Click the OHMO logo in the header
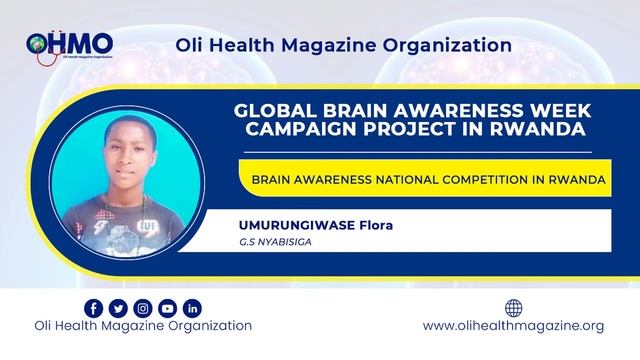click(x=70, y=45)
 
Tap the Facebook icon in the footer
click(x=94, y=308)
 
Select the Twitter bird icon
click(x=118, y=308)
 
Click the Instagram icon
click(x=143, y=308)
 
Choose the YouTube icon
click(x=167, y=308)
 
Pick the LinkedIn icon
click(x=192, y=308)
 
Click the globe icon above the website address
click(x=514, y=308)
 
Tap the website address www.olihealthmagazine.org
click(x=514, y=326)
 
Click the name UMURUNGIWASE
click(x=281, y=224)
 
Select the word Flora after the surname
click(x=372, y=224)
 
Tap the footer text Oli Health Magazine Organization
click(x=143, y=326)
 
